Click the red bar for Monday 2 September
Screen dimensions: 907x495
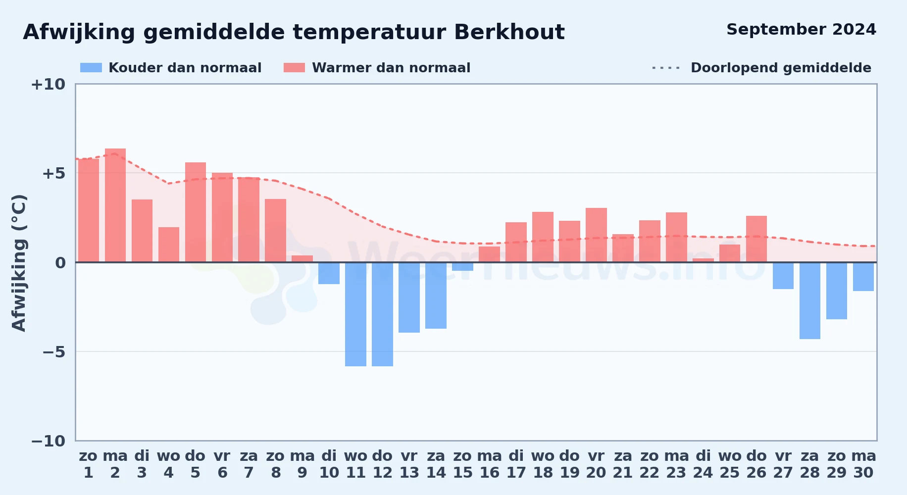tap(115, 205)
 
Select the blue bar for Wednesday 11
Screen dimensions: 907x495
tap(355, 314)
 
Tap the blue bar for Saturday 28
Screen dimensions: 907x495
tap(810, 300)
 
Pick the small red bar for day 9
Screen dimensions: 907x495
tap(302, 259)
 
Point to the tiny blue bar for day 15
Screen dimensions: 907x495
tap(462, 266)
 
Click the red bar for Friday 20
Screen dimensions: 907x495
tap(596, 235)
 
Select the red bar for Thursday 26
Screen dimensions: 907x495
tap(756, 239)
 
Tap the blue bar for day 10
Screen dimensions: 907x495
tap(329, 273)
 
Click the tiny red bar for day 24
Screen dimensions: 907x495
tap(703, 260)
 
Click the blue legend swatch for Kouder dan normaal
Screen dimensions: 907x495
tap(91, 68)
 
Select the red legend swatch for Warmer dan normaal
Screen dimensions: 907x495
tap(295, 68)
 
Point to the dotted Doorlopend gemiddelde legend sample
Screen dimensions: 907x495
tap(666, 68)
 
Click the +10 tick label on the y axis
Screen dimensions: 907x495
tap(48, 84)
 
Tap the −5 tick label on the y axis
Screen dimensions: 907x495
tap(54, 352)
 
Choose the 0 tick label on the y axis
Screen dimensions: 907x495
tap(60, 263)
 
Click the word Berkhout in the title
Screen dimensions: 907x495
tap(509, 32)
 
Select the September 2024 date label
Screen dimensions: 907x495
tap(802, 30)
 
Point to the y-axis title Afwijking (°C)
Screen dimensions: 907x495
tap(19, 263)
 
